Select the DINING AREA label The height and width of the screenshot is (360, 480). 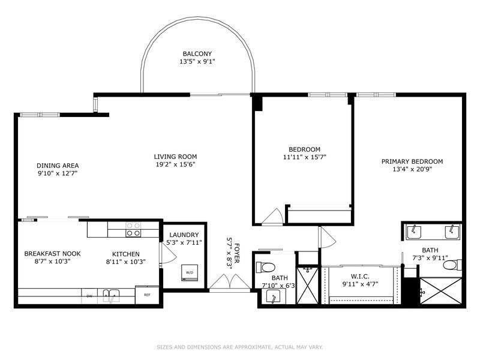pyautogui.click(x=58, y=166)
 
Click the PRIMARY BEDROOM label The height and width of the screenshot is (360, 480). pyautogui.click(x=412, y=161)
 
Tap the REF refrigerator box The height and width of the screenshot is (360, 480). pyautogui.click(x=147, y=295)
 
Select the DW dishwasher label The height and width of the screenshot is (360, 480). pyautogui.click(x=89, y=295)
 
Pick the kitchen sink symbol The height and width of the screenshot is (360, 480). pyautogui.click(x=110, y=295)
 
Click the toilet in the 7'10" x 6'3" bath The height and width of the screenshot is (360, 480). pyautogui.click(x=266, y=266)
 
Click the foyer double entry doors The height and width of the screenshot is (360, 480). pyautogui.click(x=229, y=282)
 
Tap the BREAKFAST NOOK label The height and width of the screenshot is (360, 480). pyautogui.click(x=52, y=254)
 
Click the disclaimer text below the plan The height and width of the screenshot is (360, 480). pyautogui.click(x=240, y=346)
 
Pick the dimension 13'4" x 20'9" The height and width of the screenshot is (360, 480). pyautogui.click(x=412, y=169)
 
